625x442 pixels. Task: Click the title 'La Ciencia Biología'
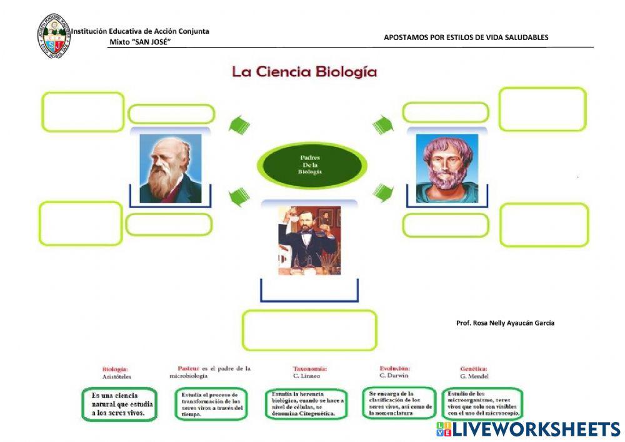click(x=304, y=72)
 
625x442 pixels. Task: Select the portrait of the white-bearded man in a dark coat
click(x=170, y=168)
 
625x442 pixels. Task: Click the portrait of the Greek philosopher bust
click(x=446, y=168)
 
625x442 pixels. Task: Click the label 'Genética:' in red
click(x=473, y=369)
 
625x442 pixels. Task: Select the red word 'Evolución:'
click(x=395, y=368)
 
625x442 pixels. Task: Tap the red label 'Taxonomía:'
click(x=310, y=369)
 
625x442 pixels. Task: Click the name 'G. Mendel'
click(x=474, y=376)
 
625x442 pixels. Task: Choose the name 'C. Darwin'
click(x=394, y=376)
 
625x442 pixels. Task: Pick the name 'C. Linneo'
click(x=306, y=376)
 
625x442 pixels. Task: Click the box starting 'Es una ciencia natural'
click(x=118, y=404)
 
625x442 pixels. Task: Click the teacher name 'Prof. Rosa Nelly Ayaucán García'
click(x=505, y=323)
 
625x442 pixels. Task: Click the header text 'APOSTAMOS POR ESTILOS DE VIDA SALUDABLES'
click(x=466, y=38)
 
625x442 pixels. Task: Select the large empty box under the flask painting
click(x=309, y=330)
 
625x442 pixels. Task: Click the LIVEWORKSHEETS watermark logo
click(x=528, y=429)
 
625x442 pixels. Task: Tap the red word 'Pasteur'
click(x=188, y=368)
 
